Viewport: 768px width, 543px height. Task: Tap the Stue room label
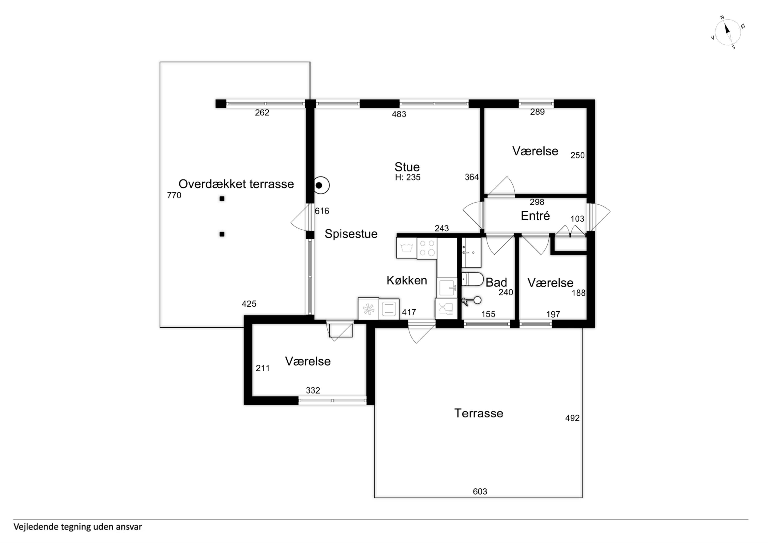click(407, 167)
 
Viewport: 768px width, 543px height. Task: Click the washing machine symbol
click(406, 248)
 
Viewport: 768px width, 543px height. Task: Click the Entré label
click(535, 216)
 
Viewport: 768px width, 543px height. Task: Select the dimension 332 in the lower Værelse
click(313, 390)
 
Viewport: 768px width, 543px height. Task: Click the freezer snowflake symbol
click(368, 309)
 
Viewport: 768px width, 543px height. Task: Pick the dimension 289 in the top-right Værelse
click(537, 112)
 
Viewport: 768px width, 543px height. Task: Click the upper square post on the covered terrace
click(222, 199)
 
